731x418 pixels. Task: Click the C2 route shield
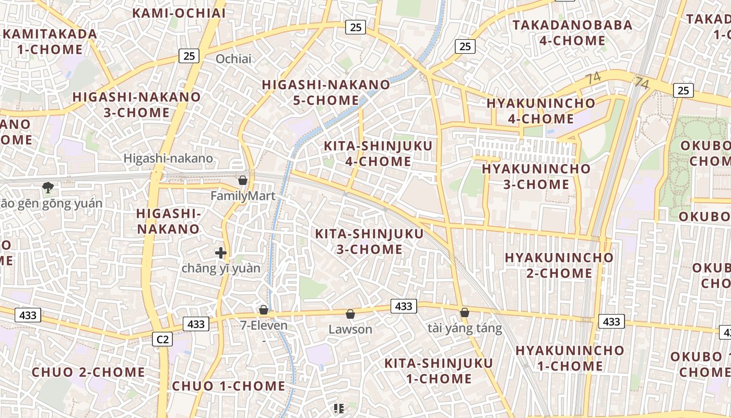pos(163,340)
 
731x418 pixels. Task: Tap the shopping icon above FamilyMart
pos(243,181)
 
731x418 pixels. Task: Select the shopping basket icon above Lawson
pos(350,314)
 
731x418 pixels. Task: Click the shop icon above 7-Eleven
pos(264,310)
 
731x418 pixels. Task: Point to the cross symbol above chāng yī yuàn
pos(221,253)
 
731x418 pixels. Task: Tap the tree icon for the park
pos(48,187)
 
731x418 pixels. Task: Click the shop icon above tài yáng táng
pos(464,312)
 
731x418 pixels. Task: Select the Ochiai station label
pos(233,59)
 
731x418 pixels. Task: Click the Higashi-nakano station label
pos(168,158)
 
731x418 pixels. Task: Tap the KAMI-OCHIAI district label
pos(179,13)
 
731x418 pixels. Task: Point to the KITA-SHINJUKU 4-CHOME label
pos(378,154)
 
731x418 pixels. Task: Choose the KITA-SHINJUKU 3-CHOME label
pos(369,241)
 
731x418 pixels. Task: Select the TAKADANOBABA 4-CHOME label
pos(572,32)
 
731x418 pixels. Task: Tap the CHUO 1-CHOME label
pos(229,387)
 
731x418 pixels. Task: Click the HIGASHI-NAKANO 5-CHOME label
pos(326,92)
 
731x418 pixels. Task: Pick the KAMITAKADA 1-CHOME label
pos(50,42)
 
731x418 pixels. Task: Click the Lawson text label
pos(350,330)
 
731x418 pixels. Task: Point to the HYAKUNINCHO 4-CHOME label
pos(540,111)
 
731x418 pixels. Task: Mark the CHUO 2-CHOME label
pos(88,373)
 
